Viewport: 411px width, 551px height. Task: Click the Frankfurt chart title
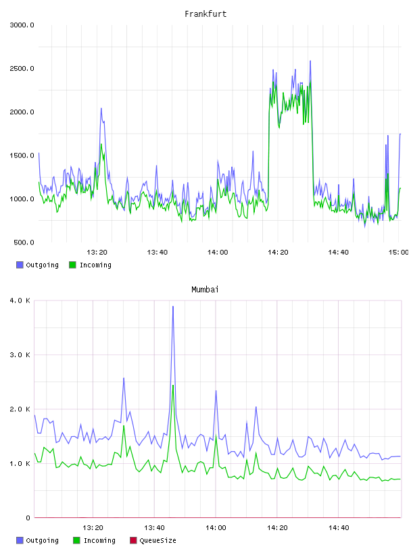click(x=205, y=14)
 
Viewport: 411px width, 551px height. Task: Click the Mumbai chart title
click(x=205, y=290)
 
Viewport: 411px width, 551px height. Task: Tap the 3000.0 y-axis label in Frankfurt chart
click(x=22, y=25)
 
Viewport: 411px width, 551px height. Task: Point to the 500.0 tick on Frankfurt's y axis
click(x=24, y=242)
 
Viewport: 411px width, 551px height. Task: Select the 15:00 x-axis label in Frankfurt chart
click(x=398, y=253)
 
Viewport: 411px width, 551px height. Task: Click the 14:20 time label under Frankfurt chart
click(x=278, y=253)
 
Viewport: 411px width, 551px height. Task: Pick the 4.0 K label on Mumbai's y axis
click(x=20, y=300)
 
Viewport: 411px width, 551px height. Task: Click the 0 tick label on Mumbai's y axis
click(x=28, y=518)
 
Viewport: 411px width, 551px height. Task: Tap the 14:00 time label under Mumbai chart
click(x=216, y=528)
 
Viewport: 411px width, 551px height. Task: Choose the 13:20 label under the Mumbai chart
click(x=93, y=528)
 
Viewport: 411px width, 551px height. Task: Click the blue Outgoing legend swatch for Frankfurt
click(x=20, y=265)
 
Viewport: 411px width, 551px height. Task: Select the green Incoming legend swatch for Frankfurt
click(x=72, y=265)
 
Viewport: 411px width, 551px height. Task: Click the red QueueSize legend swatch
click(x=133, y=540)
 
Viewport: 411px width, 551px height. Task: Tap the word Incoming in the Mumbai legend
click(x=99, y=541)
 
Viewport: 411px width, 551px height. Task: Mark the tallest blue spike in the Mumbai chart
click(x=173, y=307)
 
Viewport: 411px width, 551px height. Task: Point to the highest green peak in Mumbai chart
click(x=173, y=386)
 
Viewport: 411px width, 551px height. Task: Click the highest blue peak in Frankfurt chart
click(x=310, y=61)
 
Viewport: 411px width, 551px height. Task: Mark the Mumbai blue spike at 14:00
click(x=216, y=391)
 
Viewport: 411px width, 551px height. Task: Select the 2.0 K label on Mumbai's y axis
click(x=20, y=409)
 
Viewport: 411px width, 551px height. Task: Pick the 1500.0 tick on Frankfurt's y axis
click(x=22, y=156)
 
